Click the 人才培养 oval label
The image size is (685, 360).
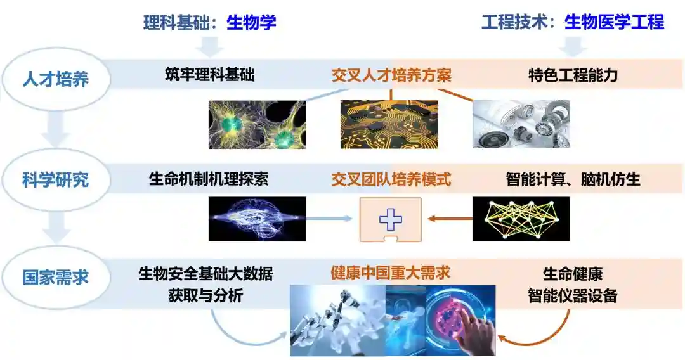point(56,79)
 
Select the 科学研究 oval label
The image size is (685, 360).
point(56,179)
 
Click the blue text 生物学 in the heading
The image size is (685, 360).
point(251,22)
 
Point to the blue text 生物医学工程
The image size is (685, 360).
point(614,22)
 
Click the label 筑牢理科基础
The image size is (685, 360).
point(210,75)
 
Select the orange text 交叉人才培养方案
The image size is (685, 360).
point(391,75)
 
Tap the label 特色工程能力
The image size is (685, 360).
point(573,75)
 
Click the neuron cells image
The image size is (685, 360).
point(258,124)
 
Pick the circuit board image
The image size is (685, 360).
point(389,124)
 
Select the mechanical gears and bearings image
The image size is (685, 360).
point(521,124)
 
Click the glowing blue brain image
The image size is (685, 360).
point(258,219)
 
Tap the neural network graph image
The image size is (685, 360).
point(521,219)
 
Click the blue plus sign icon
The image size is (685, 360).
point(391,219)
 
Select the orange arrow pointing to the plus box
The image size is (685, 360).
point(450,219)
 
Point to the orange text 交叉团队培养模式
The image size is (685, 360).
point(391,179)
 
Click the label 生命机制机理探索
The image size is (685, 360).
point(209,179)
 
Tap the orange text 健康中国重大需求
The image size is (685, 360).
point(391,273)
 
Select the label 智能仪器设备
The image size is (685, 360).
point(573,296)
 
